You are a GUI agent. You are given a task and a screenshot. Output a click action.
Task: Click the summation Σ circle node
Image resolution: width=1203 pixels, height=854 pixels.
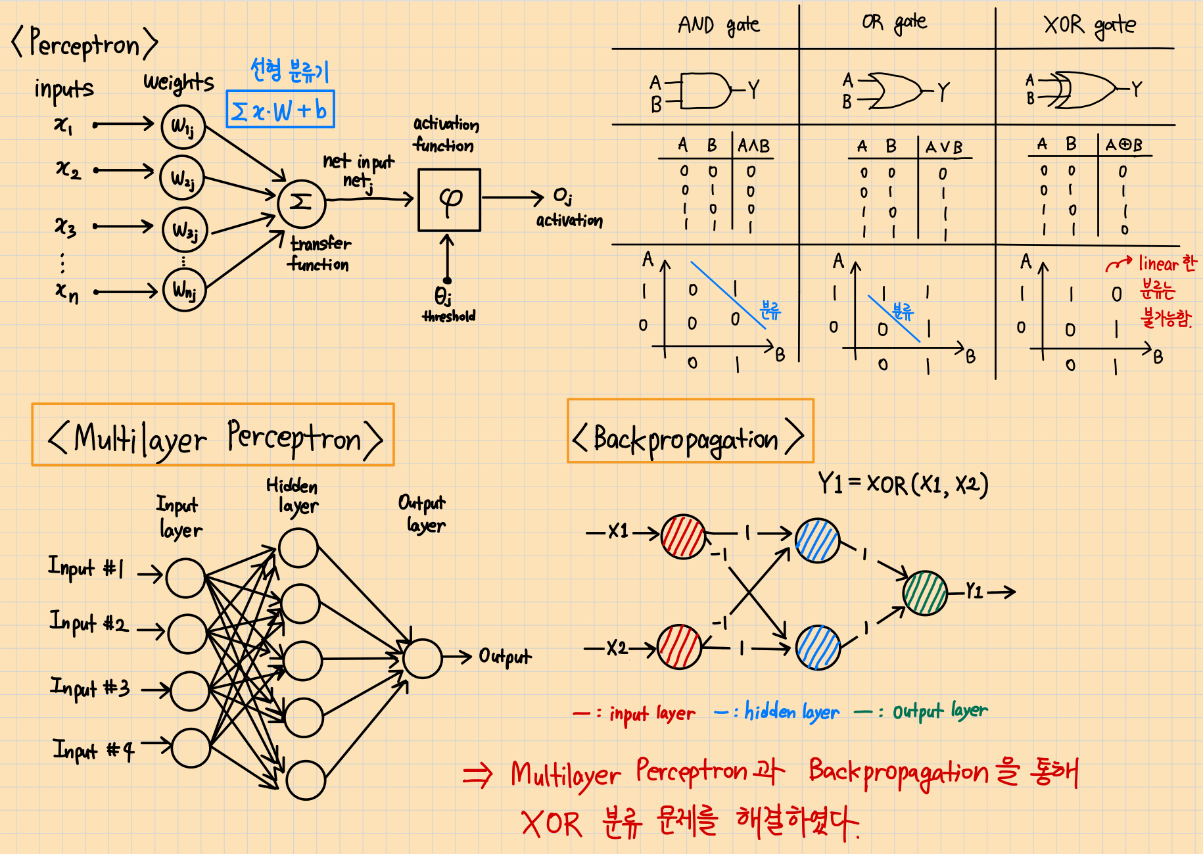coord(301,202)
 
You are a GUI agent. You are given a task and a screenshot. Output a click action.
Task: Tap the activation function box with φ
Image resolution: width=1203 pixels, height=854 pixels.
coord(450,200)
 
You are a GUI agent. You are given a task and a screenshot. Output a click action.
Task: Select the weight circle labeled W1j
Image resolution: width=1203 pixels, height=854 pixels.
coord(183,126)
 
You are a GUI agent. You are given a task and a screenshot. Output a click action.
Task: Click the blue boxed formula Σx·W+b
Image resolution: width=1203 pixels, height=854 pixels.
coord(281,110)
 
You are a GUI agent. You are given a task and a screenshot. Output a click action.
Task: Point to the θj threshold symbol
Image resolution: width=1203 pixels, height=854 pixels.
coord(443,296)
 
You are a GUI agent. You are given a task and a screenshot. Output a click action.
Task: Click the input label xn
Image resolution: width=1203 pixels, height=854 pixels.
coord(67,291)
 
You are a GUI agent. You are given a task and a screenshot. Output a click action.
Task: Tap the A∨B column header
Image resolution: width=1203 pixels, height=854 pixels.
coord(944,147)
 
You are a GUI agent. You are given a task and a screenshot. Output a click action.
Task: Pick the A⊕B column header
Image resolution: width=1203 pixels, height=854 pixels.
coord(1124,145)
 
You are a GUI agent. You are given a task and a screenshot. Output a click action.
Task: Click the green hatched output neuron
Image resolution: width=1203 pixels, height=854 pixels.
coord(925,592)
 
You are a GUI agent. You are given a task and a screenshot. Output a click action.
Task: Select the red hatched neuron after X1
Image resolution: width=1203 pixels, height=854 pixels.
coord(683,536)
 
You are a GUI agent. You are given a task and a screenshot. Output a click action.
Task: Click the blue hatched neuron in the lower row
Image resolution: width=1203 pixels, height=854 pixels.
coord(818,647)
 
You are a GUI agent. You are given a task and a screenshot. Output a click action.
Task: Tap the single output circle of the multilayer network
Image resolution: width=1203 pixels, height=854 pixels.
coord(422,658)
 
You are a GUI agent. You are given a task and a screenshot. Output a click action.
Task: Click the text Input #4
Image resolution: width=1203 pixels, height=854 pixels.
coord(93,749)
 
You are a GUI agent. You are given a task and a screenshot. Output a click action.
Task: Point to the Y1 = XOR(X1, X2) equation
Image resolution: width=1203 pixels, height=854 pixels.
coord(903,485)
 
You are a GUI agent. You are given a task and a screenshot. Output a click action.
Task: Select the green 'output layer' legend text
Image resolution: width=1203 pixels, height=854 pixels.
coord(939,711)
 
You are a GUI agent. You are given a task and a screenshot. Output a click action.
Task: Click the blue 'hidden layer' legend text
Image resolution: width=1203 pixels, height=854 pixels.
coord(791,711)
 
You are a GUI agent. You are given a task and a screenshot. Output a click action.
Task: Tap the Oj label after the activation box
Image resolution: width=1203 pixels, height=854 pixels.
coord(562,196)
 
